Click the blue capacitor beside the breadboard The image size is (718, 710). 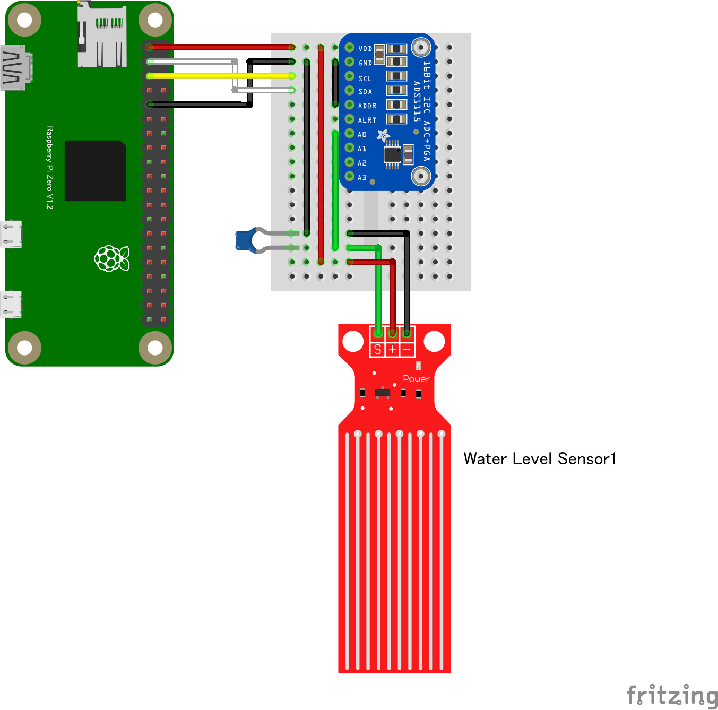pos(245,240)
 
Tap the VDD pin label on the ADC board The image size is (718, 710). pos(365,49)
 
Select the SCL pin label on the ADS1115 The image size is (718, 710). pos(365,79)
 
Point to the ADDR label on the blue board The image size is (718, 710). pos(367,106)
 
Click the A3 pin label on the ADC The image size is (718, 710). pos(362,177)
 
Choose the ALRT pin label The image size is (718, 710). pos(367,120)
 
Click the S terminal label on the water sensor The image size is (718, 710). pos(377,349)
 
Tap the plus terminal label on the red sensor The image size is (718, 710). pos(392,349)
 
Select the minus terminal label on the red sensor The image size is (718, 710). pos(407,349)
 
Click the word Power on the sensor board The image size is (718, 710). pos(416,379)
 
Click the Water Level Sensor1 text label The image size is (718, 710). pos(540,459)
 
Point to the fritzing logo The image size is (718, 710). pos(672,695)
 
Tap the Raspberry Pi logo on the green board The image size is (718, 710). pos(112,258)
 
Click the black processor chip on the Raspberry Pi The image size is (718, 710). pos(96,171)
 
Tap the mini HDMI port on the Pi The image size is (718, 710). pos(16,68)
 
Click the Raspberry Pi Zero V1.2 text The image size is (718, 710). pos(50,168)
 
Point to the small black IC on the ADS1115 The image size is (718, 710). pos(392,154)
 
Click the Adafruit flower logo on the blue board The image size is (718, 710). pos(383,135)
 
